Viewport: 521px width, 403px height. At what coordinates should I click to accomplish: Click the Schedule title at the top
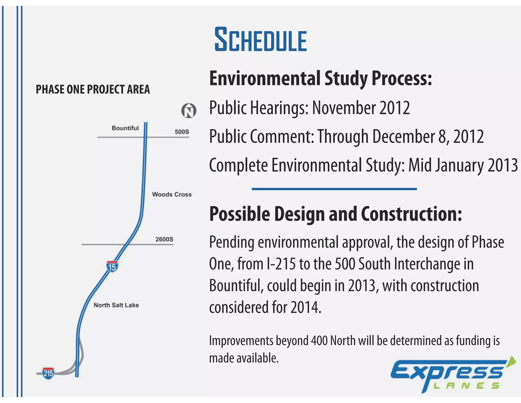pyautogui.click(x=261, y=40)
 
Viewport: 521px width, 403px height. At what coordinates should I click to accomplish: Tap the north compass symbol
pyautogui.click(x=189, y=111)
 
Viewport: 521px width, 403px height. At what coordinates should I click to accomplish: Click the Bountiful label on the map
pyautogui.click(x=125, y=128)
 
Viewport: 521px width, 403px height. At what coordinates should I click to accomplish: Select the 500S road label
pyautogui.click(x=182, y=132)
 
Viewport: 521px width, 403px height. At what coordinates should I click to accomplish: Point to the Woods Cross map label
pyautogui.click(x=172, y=194)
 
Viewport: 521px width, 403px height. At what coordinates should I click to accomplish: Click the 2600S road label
pyautogui.click(x=164, y=239)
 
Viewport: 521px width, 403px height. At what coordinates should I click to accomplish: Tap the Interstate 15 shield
pyautogui.click(x=112, y=266)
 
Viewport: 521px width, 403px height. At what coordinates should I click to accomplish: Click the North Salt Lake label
pyautogui.click(x=116, y=305)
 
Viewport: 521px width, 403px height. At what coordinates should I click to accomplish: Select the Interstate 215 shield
pyautogui.click(x=48, y=373)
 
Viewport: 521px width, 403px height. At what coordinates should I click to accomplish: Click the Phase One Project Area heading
pyautogui.click(x=93, y=89)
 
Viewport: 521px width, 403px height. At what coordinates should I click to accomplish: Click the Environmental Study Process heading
pyautogui.click(x=320, y=78)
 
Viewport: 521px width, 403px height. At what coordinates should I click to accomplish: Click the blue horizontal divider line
pyautogui.click(x=334, y=189)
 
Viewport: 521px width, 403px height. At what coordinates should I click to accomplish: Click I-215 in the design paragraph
pyautogui.click(x=281, y=264)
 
